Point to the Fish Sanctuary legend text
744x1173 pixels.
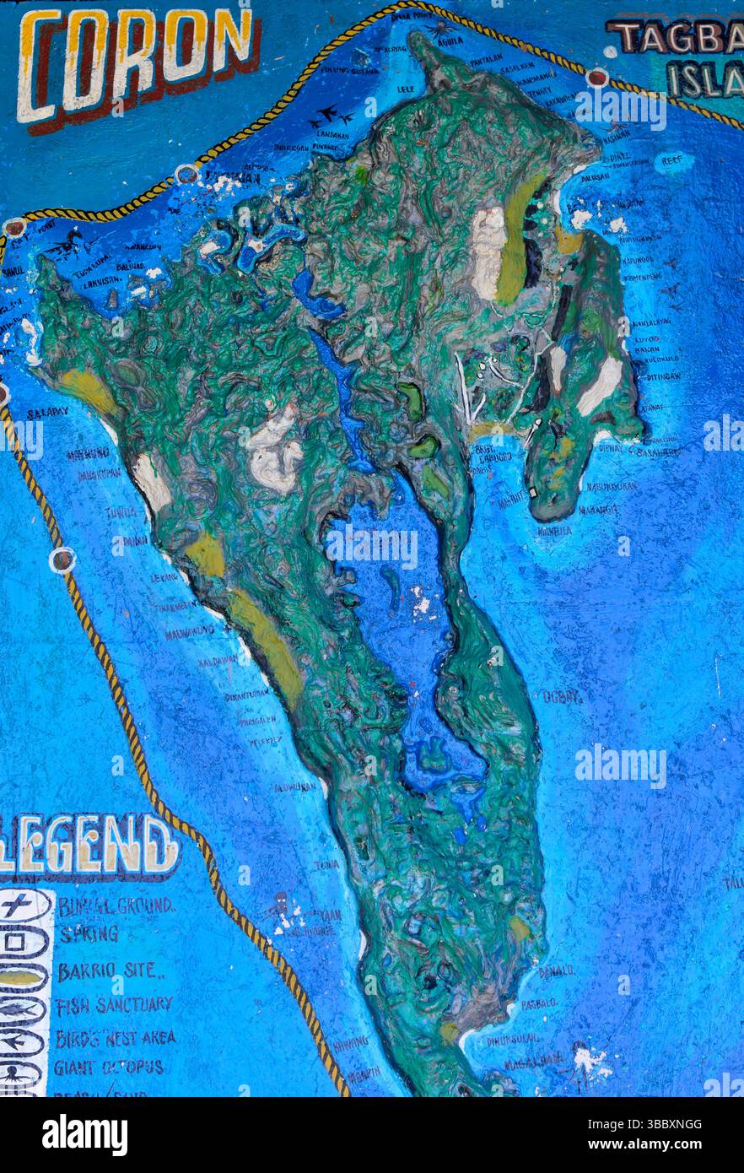(114, 1005)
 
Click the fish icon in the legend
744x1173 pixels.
(20, 1009)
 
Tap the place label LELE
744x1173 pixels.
(407, 87)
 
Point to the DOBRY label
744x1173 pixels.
(562, 697)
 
